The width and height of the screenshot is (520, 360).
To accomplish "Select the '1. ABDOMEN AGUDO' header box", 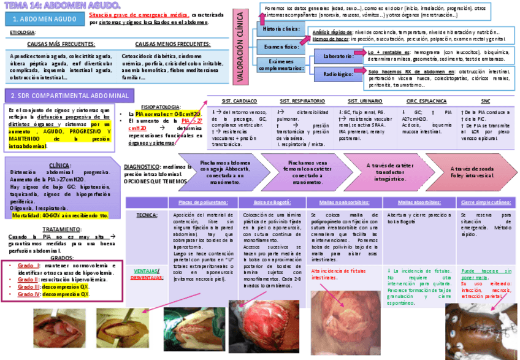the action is (x=44, y=19).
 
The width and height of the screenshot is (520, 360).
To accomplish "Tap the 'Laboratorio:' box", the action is (x=337, y=56).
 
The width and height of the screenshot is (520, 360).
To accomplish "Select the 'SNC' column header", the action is (x=486, y=100).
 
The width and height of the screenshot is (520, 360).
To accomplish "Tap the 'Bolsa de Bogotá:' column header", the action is (x=270, y=202).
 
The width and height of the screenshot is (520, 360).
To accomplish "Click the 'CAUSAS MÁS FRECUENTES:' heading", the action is (x=61, y=44).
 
